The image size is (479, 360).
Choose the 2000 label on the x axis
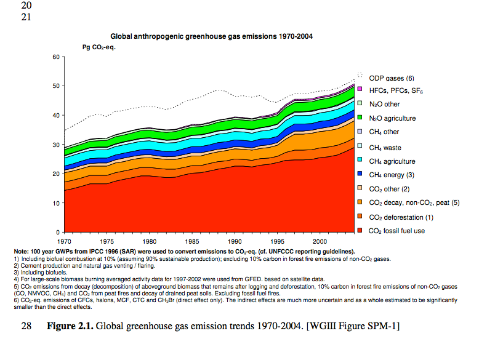click(320, 242)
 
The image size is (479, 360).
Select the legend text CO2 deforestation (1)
click(401, 217)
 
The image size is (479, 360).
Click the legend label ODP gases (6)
click(391, 78)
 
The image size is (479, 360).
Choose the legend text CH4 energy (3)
click(395, 175)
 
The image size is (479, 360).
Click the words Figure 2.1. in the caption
click(69, 325)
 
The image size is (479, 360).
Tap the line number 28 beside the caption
click(26, 325)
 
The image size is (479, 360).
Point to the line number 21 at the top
click(26, 17)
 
